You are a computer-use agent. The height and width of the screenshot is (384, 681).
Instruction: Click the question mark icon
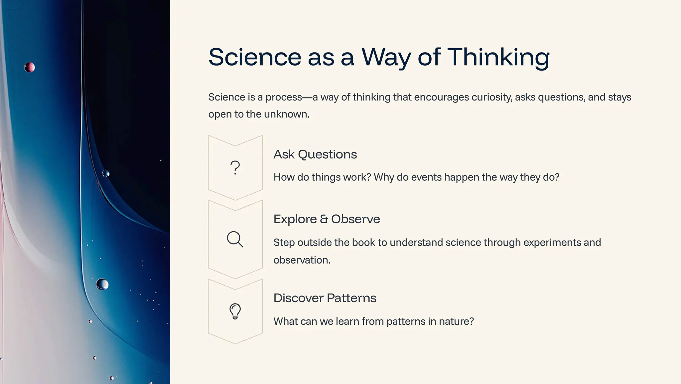[x=235, y=167]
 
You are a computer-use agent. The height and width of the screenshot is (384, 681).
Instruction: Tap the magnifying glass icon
[x=235, y=239]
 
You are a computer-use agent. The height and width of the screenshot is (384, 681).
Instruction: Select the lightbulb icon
[x=235, y=311]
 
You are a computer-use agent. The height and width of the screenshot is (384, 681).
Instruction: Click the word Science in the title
[x=254, y=57]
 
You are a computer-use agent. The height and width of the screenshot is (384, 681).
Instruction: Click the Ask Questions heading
[x=315, y=154]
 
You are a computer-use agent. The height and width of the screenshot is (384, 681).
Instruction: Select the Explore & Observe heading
[x=327, y=219]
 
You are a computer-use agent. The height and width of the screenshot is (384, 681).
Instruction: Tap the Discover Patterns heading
[x=325, y=298]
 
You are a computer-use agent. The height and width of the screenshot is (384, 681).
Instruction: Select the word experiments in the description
[x=547, y=242]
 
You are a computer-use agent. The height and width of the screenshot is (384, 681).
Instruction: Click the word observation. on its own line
[x=302, y=260]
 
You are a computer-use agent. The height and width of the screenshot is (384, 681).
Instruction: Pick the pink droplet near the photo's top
[x=30, y=67]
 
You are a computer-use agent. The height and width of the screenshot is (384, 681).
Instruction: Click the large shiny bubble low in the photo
[x=102, y=285]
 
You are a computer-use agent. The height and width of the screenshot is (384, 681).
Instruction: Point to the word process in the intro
[x=284, y=97]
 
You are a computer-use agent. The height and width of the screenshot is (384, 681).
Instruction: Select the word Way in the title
[x=386, y=57]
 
